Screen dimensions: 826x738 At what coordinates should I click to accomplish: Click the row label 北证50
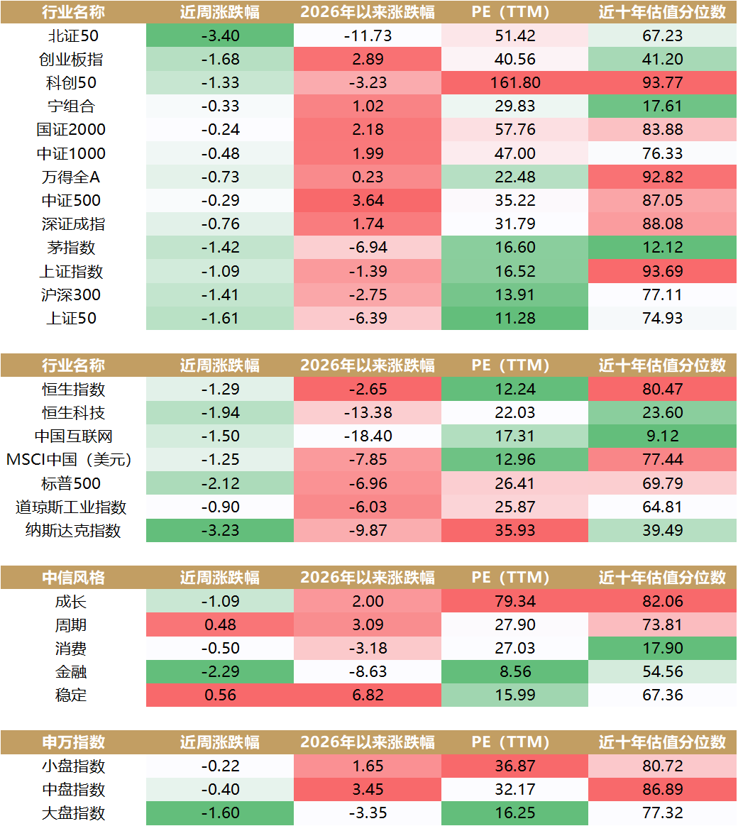[73, 35]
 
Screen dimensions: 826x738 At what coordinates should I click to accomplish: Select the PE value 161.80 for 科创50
[514, 82]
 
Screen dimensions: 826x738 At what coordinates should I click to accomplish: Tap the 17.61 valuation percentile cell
[662, 106]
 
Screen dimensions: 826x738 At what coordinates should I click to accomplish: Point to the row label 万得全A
[73, 177]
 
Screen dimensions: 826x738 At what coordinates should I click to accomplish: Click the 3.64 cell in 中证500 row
[367, 200]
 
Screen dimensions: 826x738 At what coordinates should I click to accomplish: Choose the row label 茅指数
[73, 248]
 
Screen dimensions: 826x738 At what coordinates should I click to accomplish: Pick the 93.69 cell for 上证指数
[662, 271]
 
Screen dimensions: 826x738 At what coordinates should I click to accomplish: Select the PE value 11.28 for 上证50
[514, 318]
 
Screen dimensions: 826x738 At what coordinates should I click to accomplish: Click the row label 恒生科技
[73, 412]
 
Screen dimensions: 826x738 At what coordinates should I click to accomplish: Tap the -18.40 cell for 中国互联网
[367, 436]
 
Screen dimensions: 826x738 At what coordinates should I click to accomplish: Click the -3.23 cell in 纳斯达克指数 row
[219, 530]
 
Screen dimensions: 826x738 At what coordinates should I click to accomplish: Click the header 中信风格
[73, 578]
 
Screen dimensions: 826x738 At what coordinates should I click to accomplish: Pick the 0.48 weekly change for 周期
[219, 624]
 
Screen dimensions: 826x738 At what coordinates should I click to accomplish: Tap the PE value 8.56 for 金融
[514, 671]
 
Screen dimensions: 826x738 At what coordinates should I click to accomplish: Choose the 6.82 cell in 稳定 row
[367, 695]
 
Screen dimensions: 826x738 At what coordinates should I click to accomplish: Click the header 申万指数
[73, 742]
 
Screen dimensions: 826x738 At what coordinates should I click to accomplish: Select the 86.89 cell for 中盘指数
[662, 789]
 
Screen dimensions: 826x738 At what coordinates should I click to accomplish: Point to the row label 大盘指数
[73, 813]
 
